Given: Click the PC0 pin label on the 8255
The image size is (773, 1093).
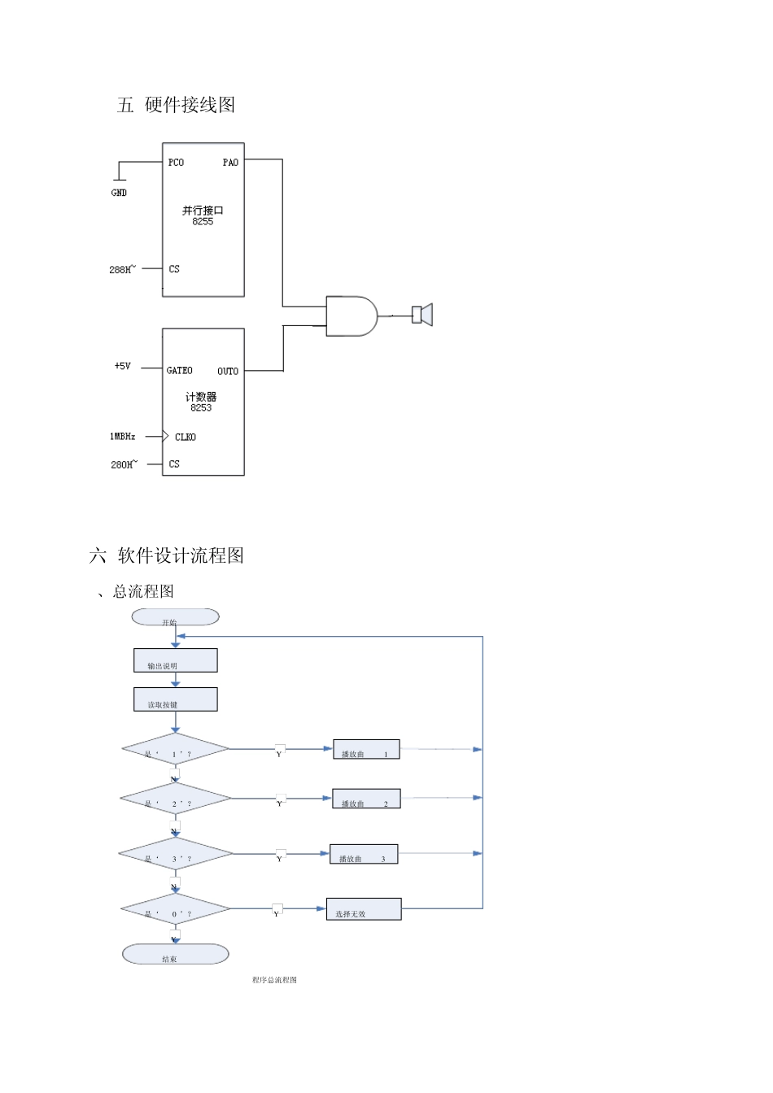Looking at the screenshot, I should click(x=176, y=163).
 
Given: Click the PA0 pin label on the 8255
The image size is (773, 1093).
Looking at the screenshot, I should click(x=230, y=163).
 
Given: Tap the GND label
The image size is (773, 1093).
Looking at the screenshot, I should click(x=119, y=193).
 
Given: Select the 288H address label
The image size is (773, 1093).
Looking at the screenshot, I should click(x=122, y=269).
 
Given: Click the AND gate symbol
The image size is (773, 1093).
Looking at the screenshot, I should click(x=351, y=316).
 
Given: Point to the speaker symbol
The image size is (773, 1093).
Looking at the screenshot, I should click(x=421, y=315).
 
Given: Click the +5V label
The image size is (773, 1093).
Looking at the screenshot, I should click(x=122, y=367).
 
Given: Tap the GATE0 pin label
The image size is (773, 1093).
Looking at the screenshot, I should click(x=179, y=371).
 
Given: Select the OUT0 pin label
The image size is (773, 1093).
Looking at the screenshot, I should click(x=228, y=372).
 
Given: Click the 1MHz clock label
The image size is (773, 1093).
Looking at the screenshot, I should click(x=123, y=437).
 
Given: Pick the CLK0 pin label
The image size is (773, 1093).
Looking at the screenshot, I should click(x=185, y=438).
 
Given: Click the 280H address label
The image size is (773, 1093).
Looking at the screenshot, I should click(x=123, y=464).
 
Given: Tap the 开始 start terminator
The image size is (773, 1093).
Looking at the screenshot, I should click(x=175, y=618).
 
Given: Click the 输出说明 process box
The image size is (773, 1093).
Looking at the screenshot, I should click(x=175, y=660).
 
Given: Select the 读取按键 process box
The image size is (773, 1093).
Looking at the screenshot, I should click(x=175, y=699).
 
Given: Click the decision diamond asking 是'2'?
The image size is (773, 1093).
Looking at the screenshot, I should click(x=175, y=799).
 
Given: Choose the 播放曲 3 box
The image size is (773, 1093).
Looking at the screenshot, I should click(x=364, y=854).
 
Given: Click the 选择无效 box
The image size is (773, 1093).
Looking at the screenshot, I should click(x=364, y=909).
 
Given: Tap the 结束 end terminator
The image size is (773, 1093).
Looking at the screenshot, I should click(x=175, y=954).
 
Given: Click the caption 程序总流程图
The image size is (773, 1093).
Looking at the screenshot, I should click(x=274, y=980).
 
